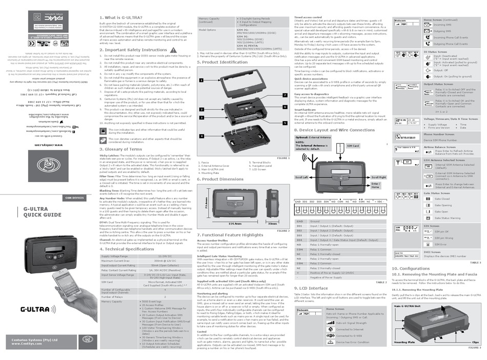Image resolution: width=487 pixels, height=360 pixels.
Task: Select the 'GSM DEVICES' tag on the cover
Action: coord(75,197)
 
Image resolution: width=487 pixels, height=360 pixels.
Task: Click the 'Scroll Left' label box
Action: coord(301,177)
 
